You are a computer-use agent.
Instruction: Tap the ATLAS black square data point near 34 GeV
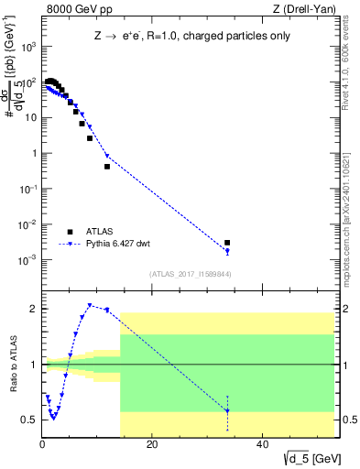227,243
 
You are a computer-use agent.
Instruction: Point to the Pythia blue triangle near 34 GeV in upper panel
227,251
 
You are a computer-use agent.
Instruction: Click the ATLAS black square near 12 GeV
107,167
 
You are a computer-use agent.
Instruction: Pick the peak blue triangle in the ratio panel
90,305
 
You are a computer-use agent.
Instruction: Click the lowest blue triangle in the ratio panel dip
54,418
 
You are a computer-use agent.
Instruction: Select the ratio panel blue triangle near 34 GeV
227,411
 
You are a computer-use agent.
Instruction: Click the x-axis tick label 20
152,445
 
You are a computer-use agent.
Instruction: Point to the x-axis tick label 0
42,445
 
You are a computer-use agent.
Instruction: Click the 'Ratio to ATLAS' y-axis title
12,364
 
